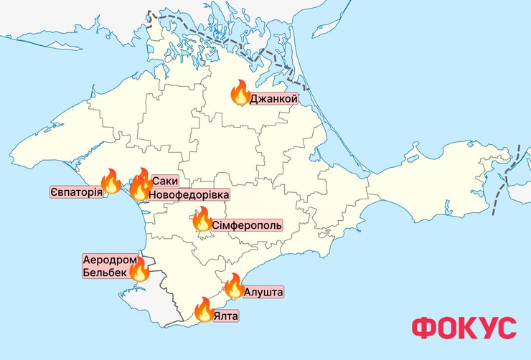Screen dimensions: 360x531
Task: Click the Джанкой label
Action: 273,98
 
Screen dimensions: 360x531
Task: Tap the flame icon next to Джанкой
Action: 240,93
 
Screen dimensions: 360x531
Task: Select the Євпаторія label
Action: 76,193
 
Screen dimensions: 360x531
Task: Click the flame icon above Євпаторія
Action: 111,181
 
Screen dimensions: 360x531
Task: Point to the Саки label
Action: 165,182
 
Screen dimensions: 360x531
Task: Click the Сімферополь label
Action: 247,225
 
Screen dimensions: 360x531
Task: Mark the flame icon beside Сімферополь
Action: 202,219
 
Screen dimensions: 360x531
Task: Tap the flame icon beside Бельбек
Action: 139,270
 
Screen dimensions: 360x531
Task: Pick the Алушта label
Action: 263,292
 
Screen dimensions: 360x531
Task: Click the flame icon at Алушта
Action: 234,286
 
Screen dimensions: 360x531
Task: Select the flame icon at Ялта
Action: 203,310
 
